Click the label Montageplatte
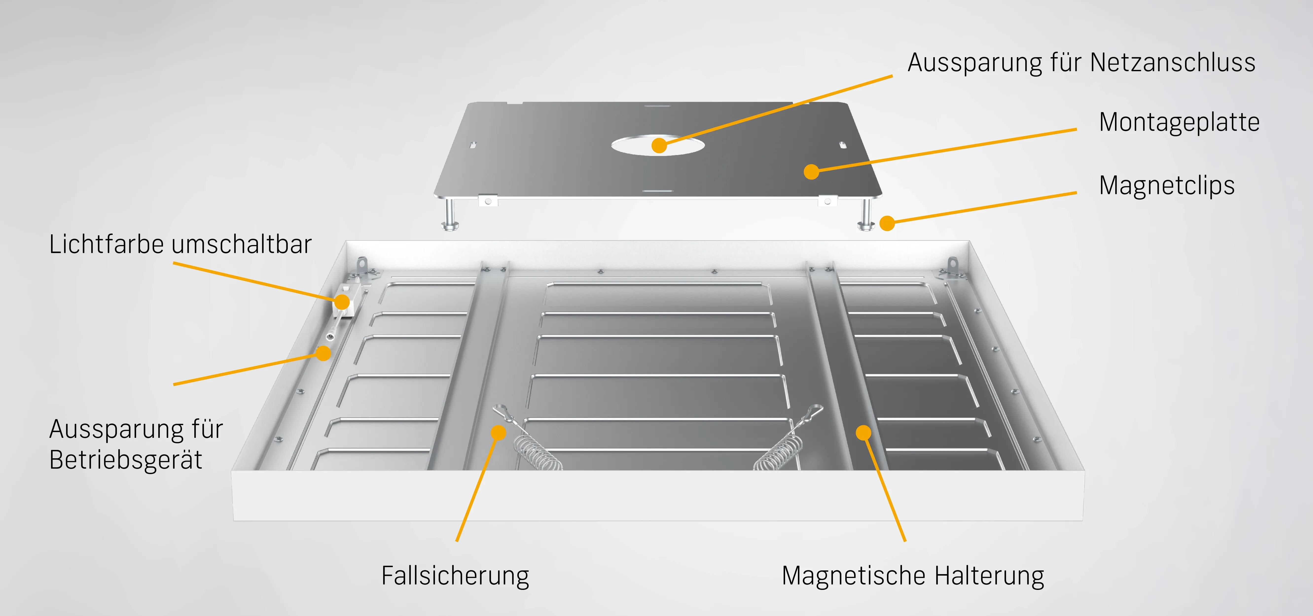coord(1179,122)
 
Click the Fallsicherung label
coord(455,576)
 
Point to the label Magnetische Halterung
coord(913,576)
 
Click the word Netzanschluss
coord(1172,63)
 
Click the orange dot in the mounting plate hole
coord(659,145)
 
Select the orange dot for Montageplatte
coord(811,172)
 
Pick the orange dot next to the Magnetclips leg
coord(887,223)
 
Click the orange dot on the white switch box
coord(342,302)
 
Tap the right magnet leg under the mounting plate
coord(865,214)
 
